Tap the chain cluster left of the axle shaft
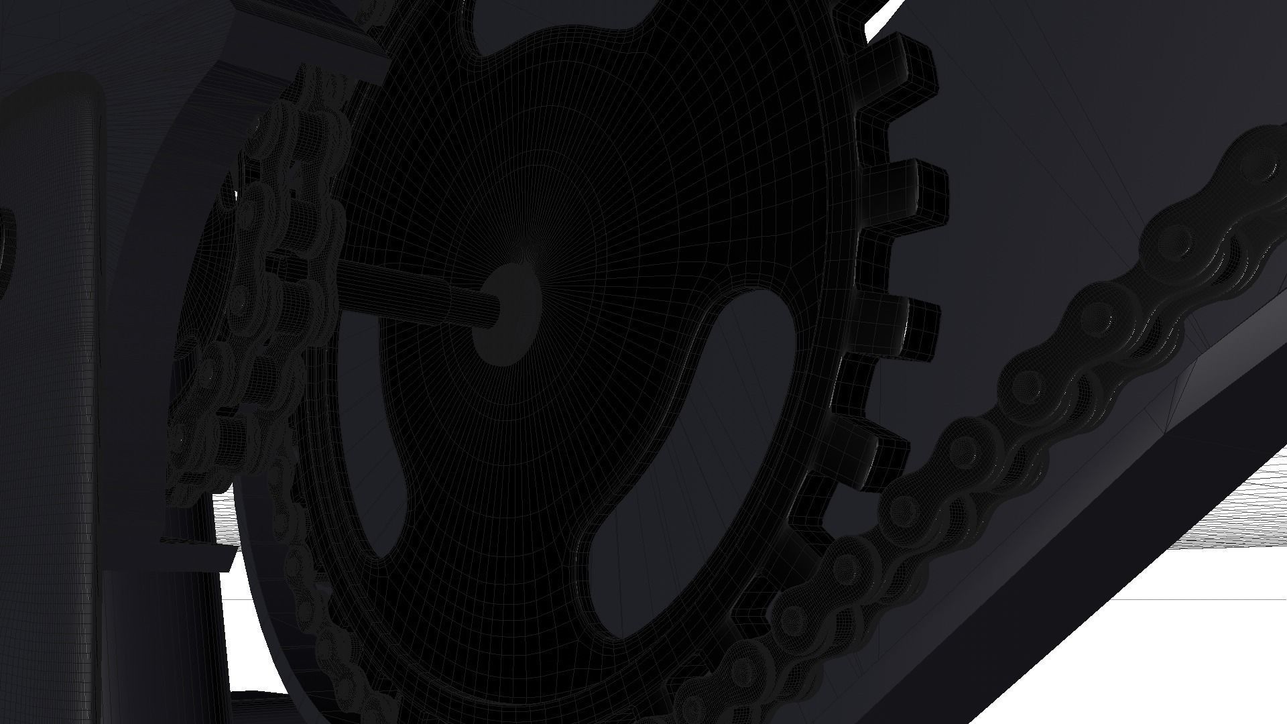tap(282, 268)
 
